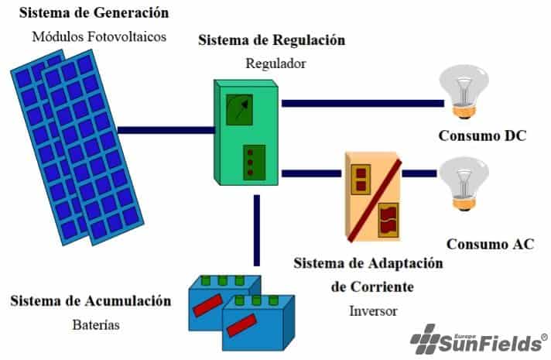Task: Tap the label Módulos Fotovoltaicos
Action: click(x=99, y=36)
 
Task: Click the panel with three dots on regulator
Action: click(x=252, y=162)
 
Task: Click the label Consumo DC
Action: click(x=481, y=137)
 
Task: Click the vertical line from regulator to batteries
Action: click(x=255, y=232)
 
